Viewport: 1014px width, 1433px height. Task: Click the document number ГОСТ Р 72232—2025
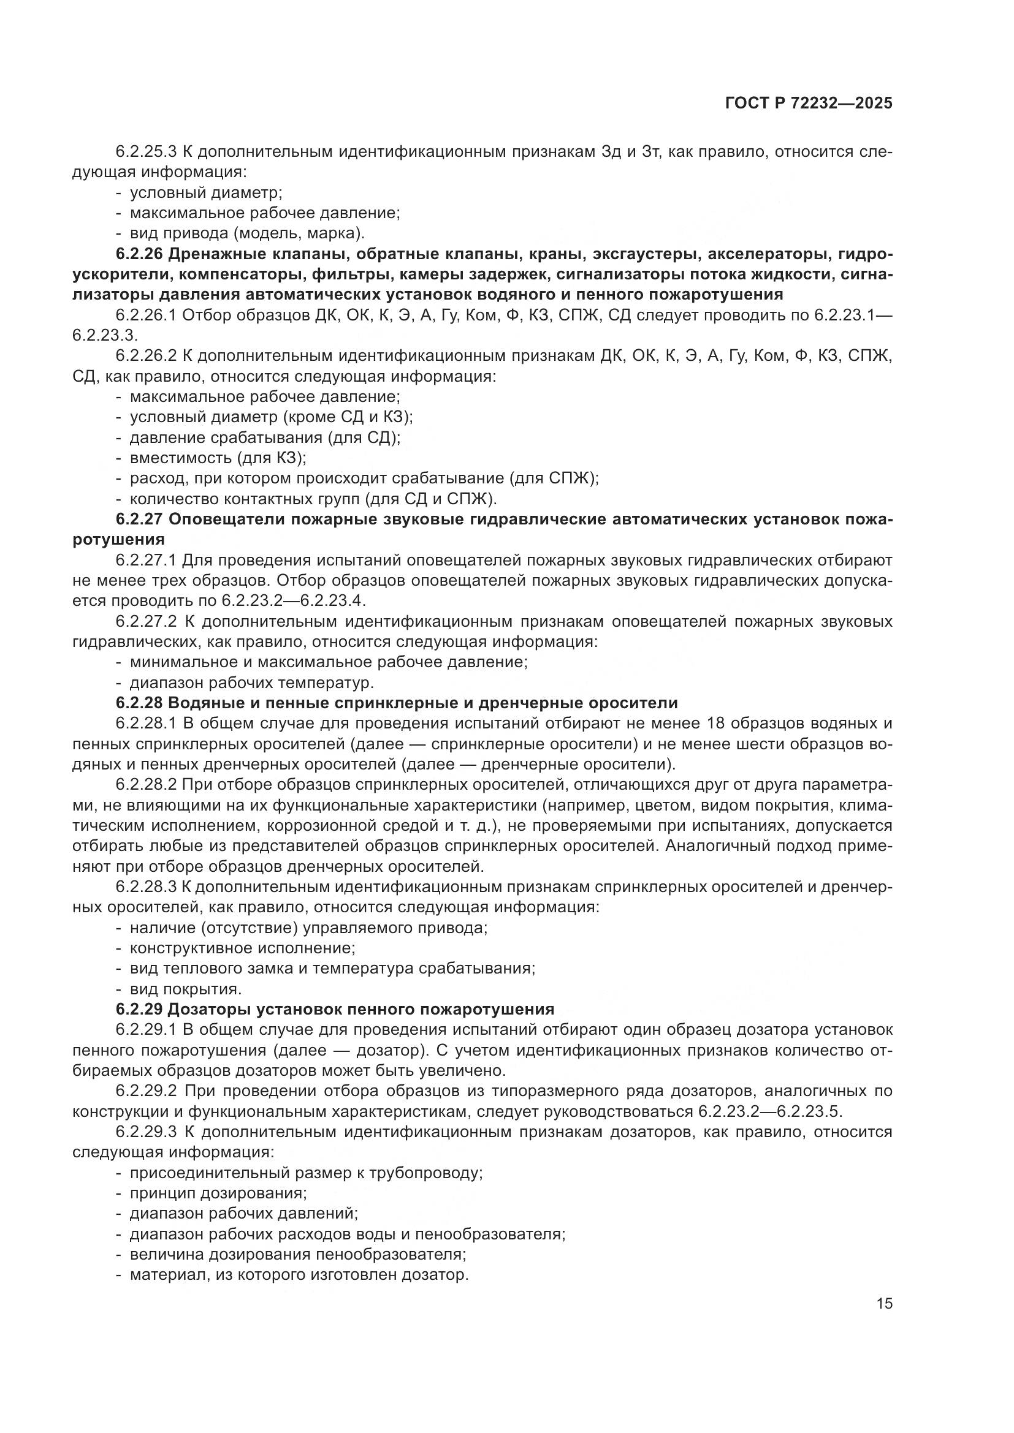[809, 104]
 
